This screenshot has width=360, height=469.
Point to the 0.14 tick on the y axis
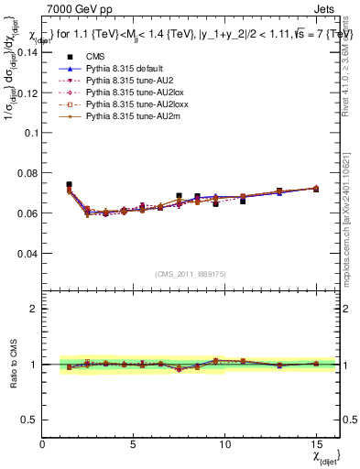tap(27, 51)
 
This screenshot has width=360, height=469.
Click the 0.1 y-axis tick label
tap(31, 132)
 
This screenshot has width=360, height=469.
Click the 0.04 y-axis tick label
tap(27, 253)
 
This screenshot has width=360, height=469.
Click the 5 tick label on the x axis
tap(134, 444)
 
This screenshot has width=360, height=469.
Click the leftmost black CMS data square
tap(70, 185)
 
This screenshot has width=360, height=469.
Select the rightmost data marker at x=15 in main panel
tap(316, 188)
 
